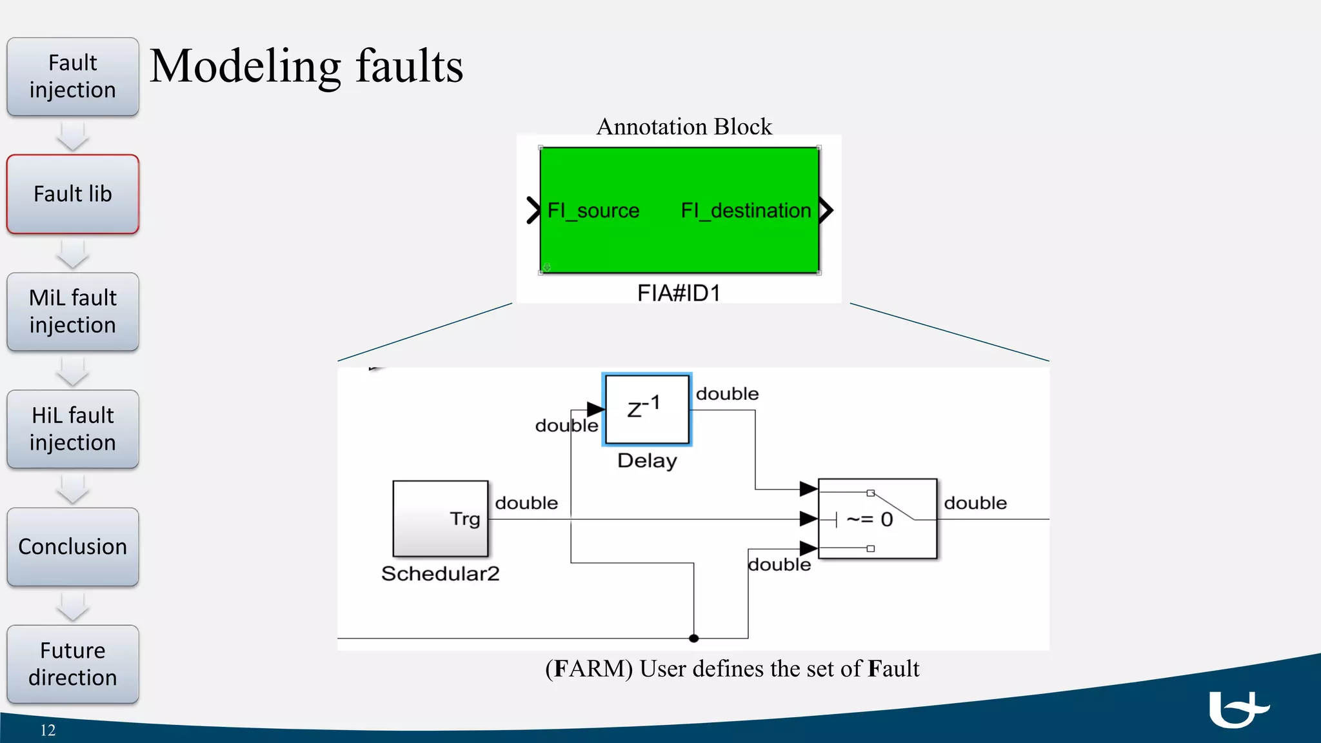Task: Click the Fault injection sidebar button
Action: click(72, 77)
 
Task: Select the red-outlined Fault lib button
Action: click(72, 194)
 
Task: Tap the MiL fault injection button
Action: click(72, 312)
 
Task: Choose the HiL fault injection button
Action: click(72, 429)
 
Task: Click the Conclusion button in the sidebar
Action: click(72, 547)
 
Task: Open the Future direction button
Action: click(72, 664)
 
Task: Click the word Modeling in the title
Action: click(245, 67)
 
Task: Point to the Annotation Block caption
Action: click(684, 126)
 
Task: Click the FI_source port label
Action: click(593, 211)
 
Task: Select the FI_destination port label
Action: click(746, 211)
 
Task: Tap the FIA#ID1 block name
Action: click(679, 293)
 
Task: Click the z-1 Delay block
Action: click(647, 410)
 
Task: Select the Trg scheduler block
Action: click(441, 519)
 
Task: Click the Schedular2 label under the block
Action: click(441, 573)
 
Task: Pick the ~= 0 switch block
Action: click(877, 519)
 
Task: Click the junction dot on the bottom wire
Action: click(693, 639)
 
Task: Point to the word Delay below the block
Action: click(647, 461)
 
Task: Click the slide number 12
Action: click(48, 730)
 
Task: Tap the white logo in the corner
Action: click(1237, 709)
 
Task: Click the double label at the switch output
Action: click(975, 503)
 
